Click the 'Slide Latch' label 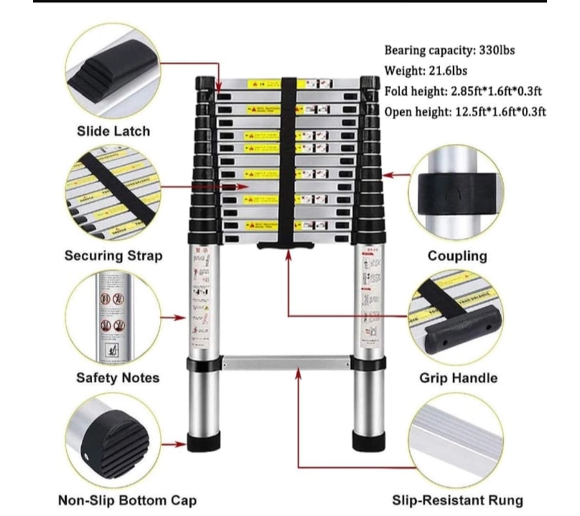[x=113, y=132]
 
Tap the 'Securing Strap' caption [x=113, y=255]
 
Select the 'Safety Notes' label [x=118, y=378]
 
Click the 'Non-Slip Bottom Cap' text [x=128, y=500]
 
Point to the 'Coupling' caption [x=458, y=256]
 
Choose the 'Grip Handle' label [x=459, y=378]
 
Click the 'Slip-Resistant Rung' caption [x=458, y=500]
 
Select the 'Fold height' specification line [x=462, y=92]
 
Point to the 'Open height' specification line [x=465, y=112]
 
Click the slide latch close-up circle [x=113, y=69]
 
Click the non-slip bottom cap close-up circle [x=113, y=442]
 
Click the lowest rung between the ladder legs [x=285, y=362]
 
